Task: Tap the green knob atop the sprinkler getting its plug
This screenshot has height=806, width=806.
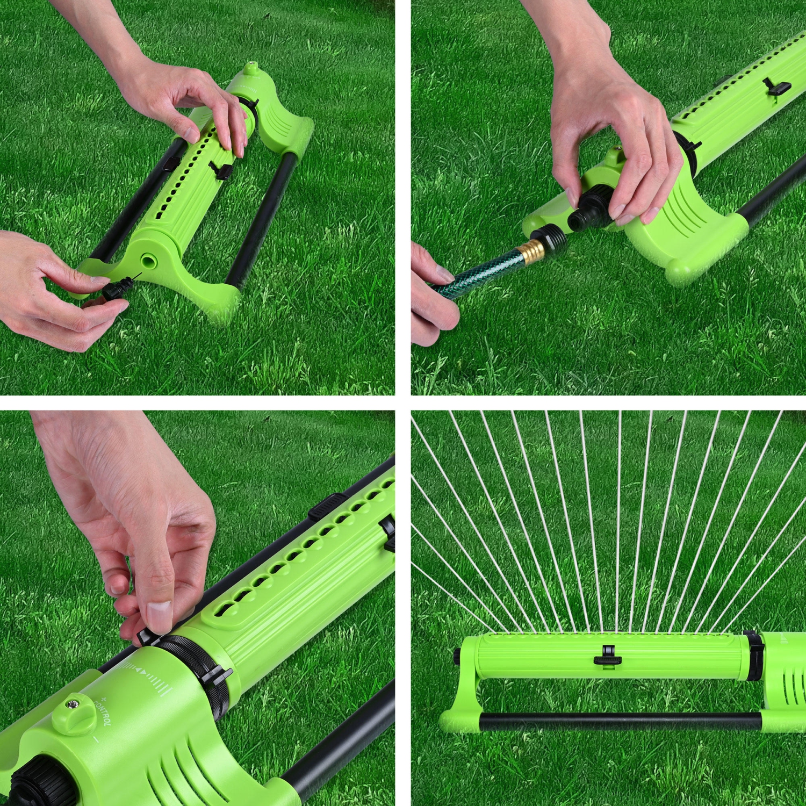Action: pyautogui.click(x=249, y=69)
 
